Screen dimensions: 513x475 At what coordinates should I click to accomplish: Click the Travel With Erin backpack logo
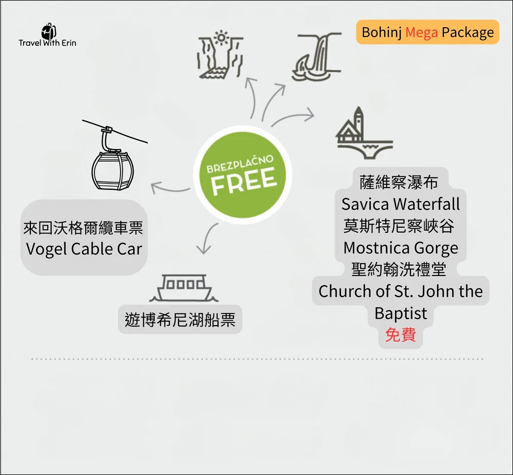48,30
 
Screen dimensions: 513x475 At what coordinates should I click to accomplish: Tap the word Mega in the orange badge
422,32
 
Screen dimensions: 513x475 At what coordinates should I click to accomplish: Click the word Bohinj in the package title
381,32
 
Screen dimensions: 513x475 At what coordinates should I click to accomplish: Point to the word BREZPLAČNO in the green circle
240,163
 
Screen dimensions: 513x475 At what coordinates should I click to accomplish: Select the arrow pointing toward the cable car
169,188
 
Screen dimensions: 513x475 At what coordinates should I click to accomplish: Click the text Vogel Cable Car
84,249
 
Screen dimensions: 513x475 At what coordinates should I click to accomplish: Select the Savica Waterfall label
401,204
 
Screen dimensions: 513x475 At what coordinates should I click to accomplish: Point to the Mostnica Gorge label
401,248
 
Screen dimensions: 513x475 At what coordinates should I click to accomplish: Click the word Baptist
401,313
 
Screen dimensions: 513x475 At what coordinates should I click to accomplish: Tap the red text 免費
401,335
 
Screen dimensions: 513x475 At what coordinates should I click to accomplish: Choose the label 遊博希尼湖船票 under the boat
180,320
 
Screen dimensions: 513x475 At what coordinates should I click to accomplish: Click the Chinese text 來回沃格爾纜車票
84,227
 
